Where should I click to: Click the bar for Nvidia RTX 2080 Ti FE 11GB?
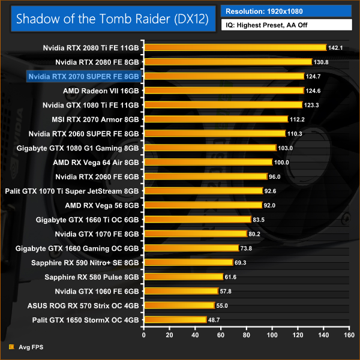coord(234,47)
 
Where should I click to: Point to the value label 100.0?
coord(281,162)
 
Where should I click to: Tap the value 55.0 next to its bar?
coord(223,305)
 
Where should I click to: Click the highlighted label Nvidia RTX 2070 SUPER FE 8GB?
coord(83,76)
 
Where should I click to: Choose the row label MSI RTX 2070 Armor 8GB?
coord(97,119)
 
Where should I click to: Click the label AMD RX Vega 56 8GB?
coord(101,205)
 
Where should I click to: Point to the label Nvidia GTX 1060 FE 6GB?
coord(97,291)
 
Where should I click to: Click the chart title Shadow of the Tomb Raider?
coord(112,18)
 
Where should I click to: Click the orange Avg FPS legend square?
coord(11,347)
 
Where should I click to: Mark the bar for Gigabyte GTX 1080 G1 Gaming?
coord(209,148)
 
